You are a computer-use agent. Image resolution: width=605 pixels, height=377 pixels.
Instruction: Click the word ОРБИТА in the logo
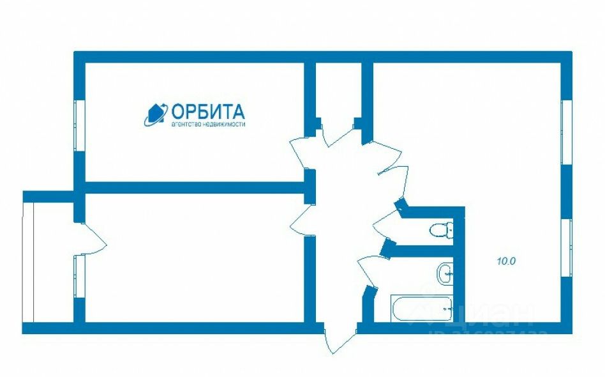[207, 112]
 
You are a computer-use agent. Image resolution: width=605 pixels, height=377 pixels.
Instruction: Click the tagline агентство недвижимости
[207, 124]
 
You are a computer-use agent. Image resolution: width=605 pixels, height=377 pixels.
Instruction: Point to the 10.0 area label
[505, 261]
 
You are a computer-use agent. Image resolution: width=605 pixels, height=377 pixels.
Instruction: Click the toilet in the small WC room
[441, 229]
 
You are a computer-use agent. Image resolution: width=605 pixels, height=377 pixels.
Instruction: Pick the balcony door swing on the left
[93, 236]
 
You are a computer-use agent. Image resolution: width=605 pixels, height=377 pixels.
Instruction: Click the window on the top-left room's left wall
[79, 126]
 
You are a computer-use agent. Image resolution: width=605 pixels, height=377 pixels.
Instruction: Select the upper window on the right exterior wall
[565, 132]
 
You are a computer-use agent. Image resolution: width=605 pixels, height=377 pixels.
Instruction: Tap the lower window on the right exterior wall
[565, 247]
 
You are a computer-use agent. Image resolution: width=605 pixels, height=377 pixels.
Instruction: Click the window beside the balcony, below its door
[79, 276]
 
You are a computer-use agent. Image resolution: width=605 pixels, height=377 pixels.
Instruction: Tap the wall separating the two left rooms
[191, 188]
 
